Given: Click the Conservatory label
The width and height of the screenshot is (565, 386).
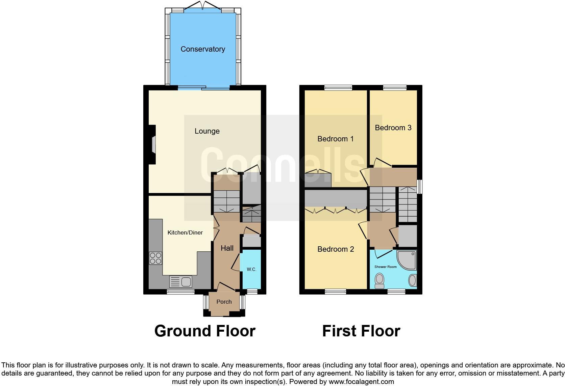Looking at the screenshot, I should [202, 49].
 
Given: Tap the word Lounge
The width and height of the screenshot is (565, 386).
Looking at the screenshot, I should [207, 131].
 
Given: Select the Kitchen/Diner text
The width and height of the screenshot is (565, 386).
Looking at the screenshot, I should [185, 232].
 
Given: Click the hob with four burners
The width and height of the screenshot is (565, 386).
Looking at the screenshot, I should [155, 258].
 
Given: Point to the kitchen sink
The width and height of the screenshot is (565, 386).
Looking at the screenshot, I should [181, 281].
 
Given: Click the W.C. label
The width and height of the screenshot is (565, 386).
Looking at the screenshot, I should [251, 269].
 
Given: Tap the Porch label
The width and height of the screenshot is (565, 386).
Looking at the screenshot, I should [224, 302].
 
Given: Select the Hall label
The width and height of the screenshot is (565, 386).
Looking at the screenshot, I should [227, 248].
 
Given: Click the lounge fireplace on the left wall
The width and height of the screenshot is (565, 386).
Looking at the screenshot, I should [153, 145].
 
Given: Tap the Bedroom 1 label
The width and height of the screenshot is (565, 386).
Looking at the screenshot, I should [335, 139].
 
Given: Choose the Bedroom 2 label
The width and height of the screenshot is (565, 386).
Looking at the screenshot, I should [335, 249].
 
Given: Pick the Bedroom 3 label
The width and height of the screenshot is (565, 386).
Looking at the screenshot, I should [393, 128].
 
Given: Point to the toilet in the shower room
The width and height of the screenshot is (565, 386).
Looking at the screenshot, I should [379, 281].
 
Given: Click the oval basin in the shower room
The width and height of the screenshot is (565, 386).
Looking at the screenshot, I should [413, 280].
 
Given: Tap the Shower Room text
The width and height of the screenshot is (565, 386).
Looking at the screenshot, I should [385, 267].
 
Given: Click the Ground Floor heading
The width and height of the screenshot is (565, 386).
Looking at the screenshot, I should [204, 331].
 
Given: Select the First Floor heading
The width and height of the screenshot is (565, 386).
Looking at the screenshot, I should [361, 331].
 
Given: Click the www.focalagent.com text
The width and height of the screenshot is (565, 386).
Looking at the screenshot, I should [361, 382].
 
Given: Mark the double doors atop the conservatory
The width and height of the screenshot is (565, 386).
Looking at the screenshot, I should [203, 5].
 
